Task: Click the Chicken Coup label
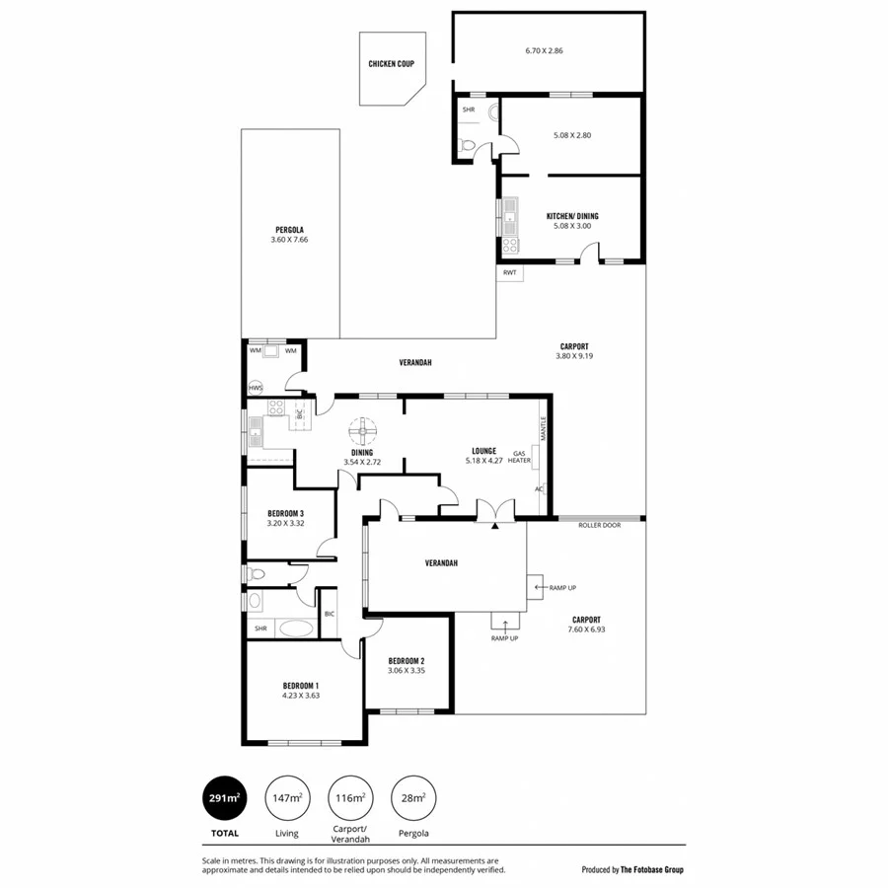coord(391,64)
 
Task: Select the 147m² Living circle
coord(287,797)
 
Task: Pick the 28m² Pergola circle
coord(412,797)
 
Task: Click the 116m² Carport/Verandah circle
coord(350,797)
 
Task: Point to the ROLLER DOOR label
coord(599,526)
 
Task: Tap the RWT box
coord(509,272)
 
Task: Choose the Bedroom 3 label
coord(285,513)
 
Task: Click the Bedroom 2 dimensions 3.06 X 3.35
coord(406,671)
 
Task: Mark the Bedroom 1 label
coord(300,685)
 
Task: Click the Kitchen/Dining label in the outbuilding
coord(572,216)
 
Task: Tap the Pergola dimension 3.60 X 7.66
coord(290,240)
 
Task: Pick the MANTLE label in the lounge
coord(542,428)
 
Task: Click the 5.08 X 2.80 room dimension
coord(572,135)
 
